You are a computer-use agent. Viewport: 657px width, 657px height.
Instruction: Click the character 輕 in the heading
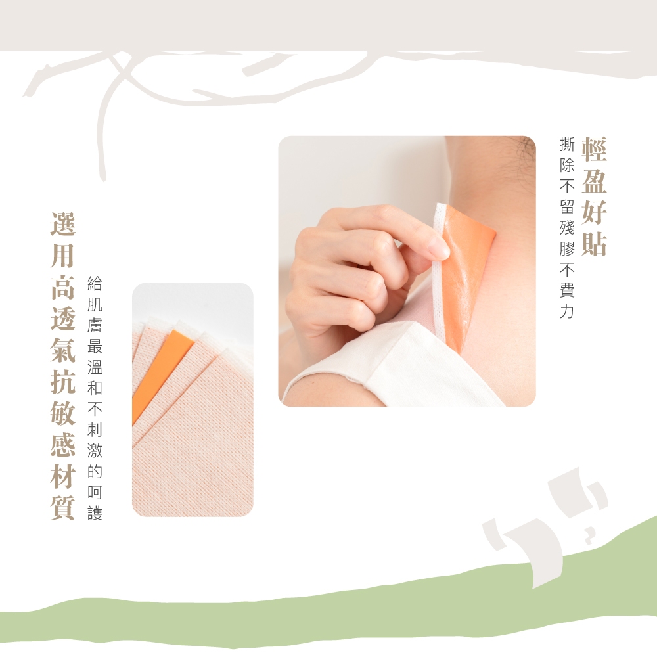pos(594,149)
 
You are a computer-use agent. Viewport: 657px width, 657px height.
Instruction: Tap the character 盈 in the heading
pos(594,181)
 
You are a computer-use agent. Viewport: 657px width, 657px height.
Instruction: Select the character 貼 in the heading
pos(594,244)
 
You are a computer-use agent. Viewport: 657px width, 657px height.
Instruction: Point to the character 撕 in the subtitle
pos(567,144)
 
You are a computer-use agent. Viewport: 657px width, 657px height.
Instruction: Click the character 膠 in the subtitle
pos(567,248)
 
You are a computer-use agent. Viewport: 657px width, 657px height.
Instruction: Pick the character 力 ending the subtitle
pos(567,311)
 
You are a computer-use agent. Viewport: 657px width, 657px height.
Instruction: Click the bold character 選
pos(63,224)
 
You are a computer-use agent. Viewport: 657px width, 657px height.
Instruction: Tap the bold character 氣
pos(63,350)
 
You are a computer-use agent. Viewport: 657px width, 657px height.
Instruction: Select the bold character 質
pos(63,508)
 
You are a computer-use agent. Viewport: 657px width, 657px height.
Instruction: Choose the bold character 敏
pos(63,413)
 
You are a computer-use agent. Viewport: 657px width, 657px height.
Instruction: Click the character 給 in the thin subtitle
pos(95,283)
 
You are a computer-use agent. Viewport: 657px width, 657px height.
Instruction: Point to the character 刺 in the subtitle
pos(95,430)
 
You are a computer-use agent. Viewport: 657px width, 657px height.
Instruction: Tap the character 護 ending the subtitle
pos(95,513)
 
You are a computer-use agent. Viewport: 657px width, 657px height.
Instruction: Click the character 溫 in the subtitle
pos(95,367)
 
